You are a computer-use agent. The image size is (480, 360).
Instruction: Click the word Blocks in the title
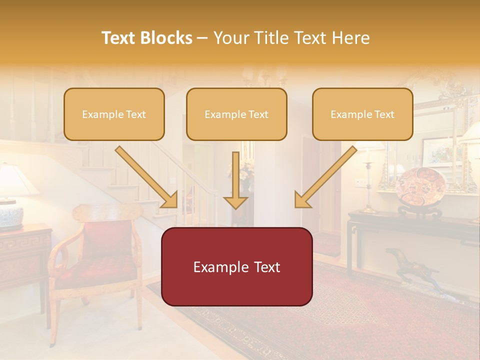click(x=167, y=38)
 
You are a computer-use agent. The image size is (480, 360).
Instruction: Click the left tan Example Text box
click(x=114, y=114)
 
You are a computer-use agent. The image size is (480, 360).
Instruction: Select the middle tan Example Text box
click(x=236, y=114)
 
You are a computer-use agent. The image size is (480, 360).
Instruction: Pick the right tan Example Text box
click(x=362, y=114)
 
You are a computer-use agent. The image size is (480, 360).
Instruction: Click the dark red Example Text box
click(x=236, y=266)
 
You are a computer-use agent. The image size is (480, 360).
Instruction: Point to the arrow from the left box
click(x=147, y=177)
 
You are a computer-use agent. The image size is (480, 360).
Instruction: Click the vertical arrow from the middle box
click(x=235, y=180)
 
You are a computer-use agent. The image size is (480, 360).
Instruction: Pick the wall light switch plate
click(x=360, y=182)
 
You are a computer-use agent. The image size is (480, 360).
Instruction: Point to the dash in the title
click(x=202, y=38)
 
